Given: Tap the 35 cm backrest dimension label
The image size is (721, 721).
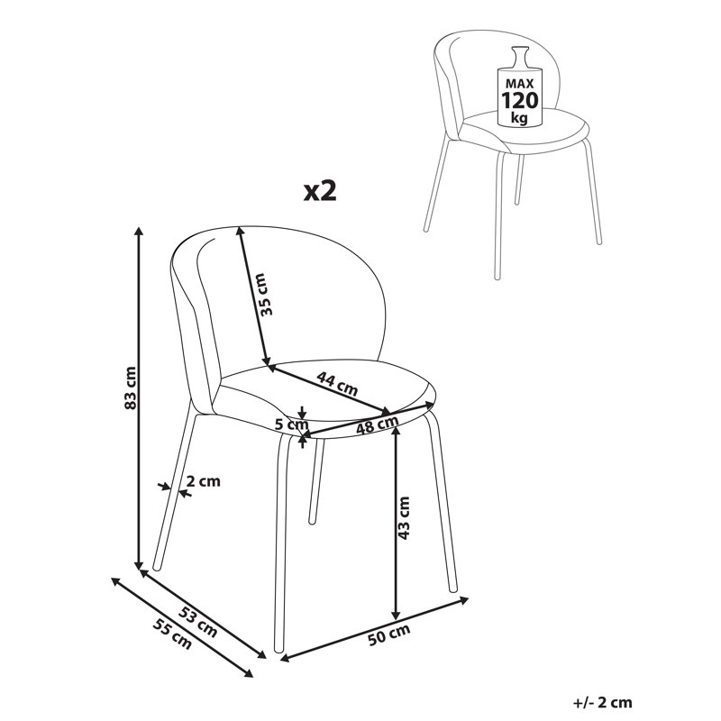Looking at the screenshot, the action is pos(265,295).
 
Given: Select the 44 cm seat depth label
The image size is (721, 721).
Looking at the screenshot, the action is pos(337,384).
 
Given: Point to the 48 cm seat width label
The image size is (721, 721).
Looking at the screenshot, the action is pos(378,424).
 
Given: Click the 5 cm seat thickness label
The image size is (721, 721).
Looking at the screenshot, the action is pos(291,424).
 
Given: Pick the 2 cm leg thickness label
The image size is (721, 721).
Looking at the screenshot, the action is pos(204,481).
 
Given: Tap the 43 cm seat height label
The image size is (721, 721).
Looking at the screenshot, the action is pos(403,517).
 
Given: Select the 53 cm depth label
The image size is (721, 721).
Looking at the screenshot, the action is pos(197,622).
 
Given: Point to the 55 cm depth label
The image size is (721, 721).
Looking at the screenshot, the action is pos(172,634).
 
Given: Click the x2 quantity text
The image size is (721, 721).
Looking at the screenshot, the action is pos(321,191).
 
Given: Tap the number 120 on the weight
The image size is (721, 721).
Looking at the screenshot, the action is pos(520,100).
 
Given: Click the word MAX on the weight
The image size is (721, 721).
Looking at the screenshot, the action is pos(520,84).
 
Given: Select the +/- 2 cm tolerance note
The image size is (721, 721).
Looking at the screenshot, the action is pos(603,702).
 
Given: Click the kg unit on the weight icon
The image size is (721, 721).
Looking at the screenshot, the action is pos(520,118).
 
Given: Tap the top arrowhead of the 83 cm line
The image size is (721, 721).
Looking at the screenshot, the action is pos(138,231).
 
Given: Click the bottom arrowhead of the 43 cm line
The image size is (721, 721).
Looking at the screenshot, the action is pos(396,616).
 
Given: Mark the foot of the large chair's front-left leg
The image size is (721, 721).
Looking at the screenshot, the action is pos(278,649).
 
